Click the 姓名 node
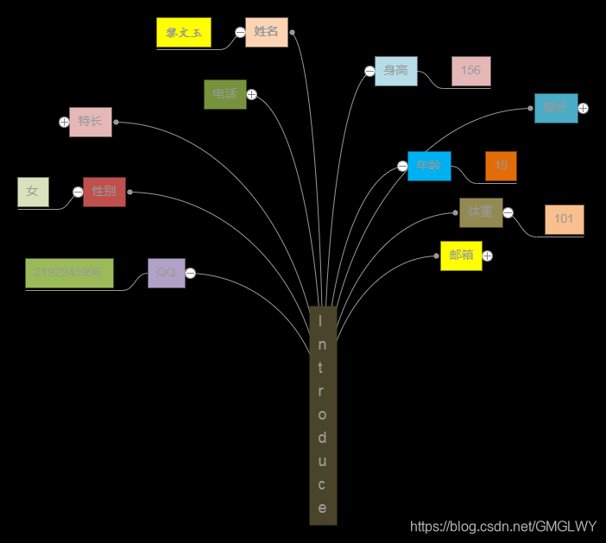pos(266,32)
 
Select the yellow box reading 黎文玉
pos(184,33)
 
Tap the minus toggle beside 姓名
pos(240,33)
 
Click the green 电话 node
pos(224,94)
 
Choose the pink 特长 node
pos(91,122)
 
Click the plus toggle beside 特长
pos(64,122)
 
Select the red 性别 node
pos(104,192)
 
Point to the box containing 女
pos(33,192)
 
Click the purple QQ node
pos(166,273)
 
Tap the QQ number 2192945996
pos(69,273)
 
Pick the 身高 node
pos(396,71)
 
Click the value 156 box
pos(471,71)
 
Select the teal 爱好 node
pos(555,108)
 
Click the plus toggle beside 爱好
pos(584,108)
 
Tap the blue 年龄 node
pos(429,166)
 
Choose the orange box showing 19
pos(501,166)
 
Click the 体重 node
pos(481,212)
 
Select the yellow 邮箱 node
pos(461,256)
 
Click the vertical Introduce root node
pos(323,415)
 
